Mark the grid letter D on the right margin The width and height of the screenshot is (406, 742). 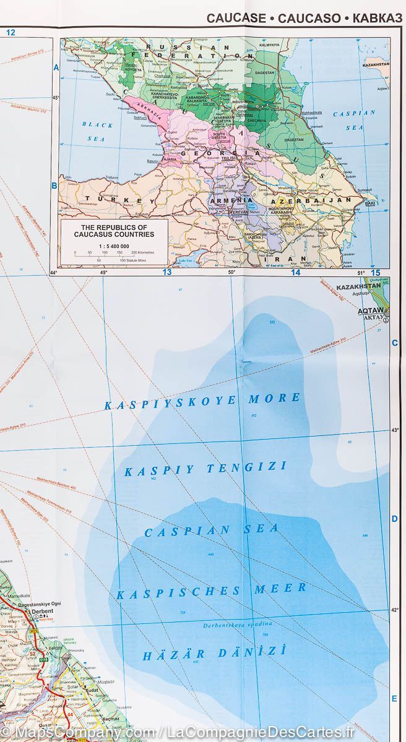394,519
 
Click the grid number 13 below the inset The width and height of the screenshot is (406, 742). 166,272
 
